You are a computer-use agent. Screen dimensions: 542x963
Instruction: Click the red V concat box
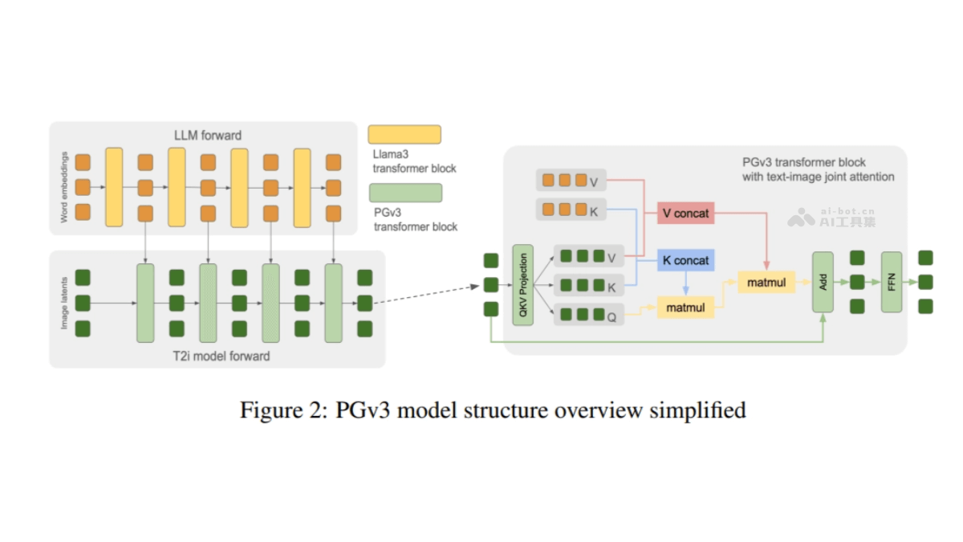click(685, 214)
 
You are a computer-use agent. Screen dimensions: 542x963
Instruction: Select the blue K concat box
click(685, 261)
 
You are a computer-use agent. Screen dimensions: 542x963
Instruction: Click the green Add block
click(823, 282)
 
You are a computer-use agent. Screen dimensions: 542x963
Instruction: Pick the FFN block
click(892, 282)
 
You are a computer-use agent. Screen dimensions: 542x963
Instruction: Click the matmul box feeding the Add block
click(766, 282)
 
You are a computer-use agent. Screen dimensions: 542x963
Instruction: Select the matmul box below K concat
click(685, 308)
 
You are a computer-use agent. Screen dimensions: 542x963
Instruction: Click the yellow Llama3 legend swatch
click(404, 134)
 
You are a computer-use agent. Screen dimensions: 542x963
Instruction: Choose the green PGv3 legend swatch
click(404, 193)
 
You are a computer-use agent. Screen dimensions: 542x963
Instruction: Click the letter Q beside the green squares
click(612, 317)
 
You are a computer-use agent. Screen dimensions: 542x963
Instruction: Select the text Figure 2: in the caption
click(275, 410)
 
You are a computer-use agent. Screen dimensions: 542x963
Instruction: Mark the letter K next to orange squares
click(594, 212)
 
